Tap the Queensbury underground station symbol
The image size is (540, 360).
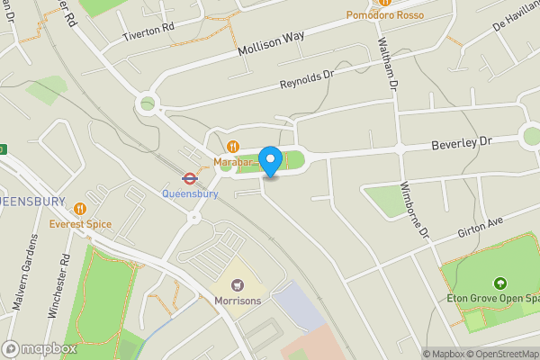(190, 178)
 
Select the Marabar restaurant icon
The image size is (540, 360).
(233, 147)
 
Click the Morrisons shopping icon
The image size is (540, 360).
(238, 285)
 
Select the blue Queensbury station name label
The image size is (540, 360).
(190, 193)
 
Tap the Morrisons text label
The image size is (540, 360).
(238, 301)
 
